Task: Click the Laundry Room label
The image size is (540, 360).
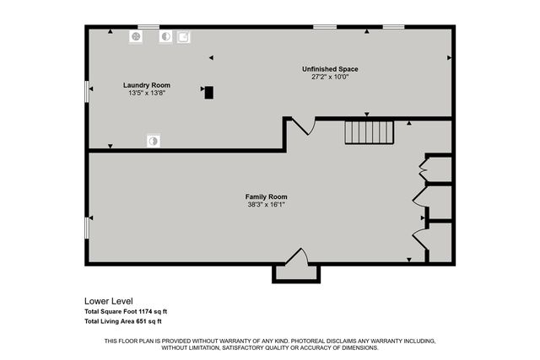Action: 147,85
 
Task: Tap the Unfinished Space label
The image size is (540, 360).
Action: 331,69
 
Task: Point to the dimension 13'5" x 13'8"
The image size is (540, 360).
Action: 147,93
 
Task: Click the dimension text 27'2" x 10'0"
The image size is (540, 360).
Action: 331,77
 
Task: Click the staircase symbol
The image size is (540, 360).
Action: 369,132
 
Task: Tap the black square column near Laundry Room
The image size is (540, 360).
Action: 208,93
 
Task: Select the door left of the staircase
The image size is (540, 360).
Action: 302,126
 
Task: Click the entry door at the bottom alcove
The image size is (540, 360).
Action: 296,257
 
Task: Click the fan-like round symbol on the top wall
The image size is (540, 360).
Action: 135,37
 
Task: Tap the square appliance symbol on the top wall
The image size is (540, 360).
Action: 183,37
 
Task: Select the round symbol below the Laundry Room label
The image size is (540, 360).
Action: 153,141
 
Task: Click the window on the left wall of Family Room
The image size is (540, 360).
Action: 87,227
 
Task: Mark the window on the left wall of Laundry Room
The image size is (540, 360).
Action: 87,91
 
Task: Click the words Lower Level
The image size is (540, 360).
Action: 108,301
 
